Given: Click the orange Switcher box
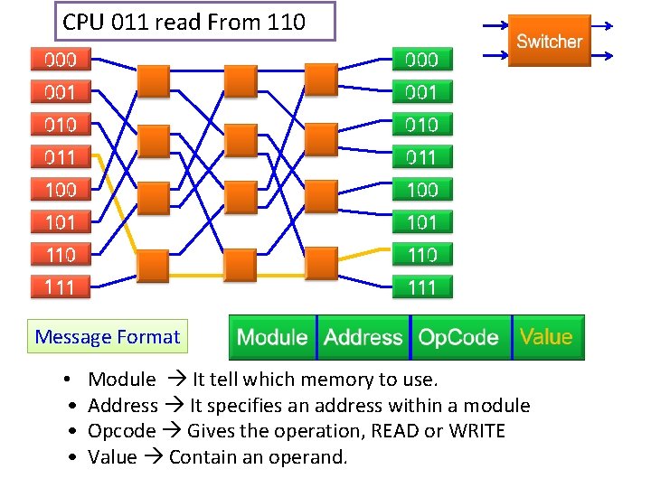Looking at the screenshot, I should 549,41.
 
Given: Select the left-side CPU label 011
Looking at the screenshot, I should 61,157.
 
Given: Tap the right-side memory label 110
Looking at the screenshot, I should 422,255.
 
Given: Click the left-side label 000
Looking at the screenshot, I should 61,60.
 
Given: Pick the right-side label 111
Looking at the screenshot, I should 422,287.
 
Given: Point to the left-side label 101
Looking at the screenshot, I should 61,222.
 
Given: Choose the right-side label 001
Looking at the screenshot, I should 422,92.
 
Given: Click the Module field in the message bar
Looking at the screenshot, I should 272,337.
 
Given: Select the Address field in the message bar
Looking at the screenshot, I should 363,337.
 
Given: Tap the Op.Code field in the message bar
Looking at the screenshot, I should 459,337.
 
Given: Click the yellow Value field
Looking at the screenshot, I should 547,337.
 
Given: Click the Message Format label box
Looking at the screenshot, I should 107,338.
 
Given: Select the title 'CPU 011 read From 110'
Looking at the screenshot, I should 196,22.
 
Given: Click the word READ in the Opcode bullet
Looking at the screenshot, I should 397,431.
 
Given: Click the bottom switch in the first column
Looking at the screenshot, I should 153,265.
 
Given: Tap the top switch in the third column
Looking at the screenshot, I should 321,80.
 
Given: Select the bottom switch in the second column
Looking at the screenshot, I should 240,265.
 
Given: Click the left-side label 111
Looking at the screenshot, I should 61,287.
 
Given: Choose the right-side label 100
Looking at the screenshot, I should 422,190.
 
